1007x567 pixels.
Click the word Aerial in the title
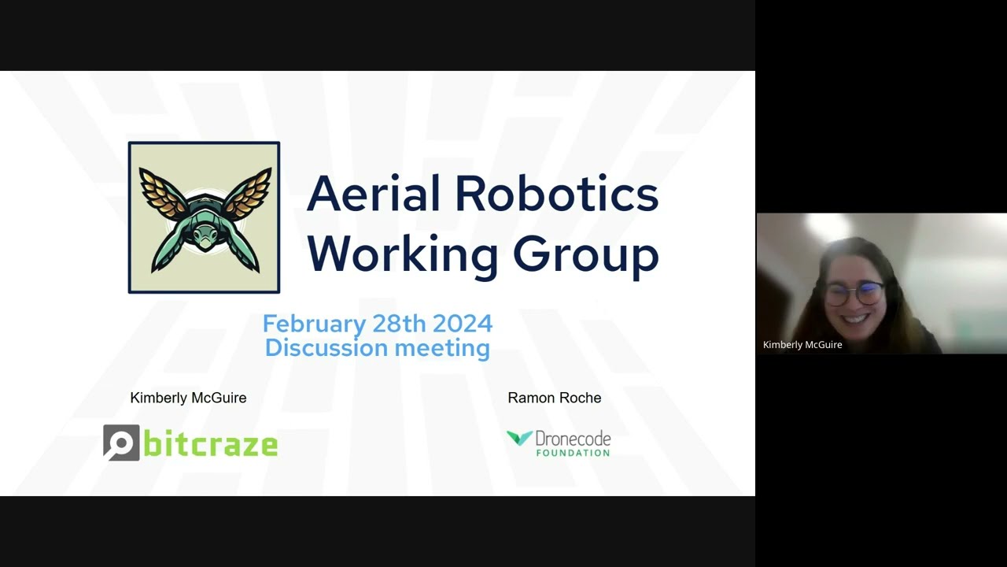[x=373, y=194]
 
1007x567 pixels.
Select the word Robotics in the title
[x=557, y=194]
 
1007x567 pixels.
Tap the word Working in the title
[x=403, y=254]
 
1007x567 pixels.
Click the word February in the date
[x=314, y=324]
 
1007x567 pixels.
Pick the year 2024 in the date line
[x=463, y=323]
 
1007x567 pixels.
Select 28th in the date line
[x=399, y=323]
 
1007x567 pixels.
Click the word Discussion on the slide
[x=326, y=347]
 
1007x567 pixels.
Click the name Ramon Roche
[x=555, y=398]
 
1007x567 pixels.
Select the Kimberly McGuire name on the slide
[x=188, y=398]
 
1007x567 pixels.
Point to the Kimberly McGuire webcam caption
[x=802, y=345]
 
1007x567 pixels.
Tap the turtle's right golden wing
[x=248, y=194]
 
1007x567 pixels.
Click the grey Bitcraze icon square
[x=121, y=443]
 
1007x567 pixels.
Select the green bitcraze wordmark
[x=210, y=443]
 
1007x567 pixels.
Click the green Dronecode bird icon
[x=519, y=438]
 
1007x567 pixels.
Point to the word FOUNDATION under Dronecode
[x=574, y=453]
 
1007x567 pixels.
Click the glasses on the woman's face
[x=854, y=295]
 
